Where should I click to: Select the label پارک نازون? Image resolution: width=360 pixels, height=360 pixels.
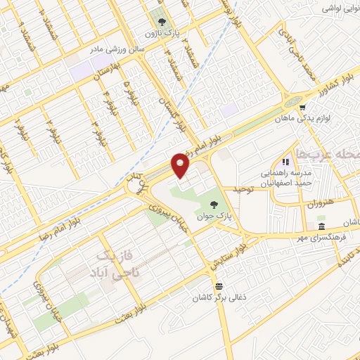(x=159, y=33)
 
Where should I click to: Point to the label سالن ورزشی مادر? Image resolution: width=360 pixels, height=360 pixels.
(x=115, y=50)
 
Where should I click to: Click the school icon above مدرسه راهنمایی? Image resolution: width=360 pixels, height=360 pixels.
(x=285, y=162)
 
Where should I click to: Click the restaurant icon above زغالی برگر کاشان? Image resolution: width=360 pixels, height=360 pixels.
(x=221, y=285)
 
